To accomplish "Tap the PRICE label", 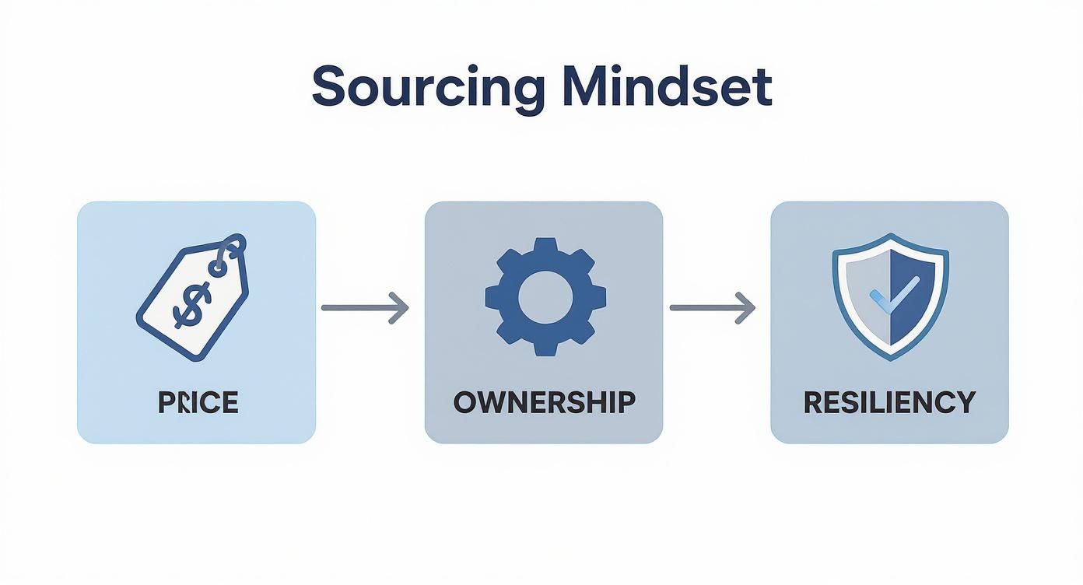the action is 198,402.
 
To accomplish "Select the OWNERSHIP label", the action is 545,402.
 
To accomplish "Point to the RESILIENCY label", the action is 889,402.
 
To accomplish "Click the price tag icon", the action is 192,297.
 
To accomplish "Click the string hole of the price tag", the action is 217,268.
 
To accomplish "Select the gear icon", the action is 545,297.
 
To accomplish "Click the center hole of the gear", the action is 545,297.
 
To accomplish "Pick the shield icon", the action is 891,297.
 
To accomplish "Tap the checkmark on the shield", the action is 895,295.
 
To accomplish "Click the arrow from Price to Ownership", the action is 365,307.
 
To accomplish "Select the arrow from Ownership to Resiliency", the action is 712,307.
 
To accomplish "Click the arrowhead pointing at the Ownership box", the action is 399,307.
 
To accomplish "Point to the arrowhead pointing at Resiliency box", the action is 745,307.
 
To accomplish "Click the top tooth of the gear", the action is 545,244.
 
